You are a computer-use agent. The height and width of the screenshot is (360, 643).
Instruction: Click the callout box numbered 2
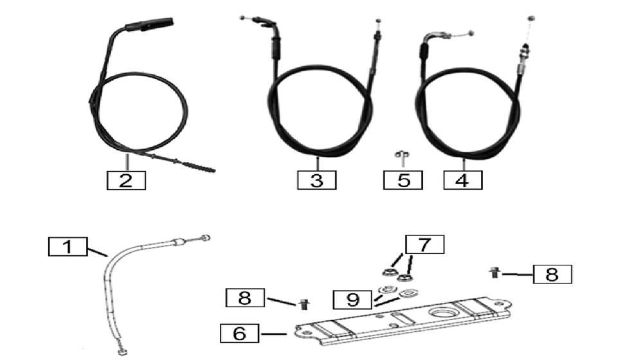click(126, 180)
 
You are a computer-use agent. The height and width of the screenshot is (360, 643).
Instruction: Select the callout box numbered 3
click(316, 180)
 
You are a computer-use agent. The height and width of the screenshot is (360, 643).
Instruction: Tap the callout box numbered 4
click(462, 180)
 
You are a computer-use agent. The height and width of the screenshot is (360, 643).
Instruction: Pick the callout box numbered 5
click(403, 180)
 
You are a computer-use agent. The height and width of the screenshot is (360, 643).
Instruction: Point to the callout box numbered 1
click(68, 247)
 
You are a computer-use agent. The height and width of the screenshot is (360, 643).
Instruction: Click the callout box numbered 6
click(240, 333)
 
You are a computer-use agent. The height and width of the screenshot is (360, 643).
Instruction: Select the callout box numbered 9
click(353, 300)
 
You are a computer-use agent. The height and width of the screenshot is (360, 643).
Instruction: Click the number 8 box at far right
click(551, 274)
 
